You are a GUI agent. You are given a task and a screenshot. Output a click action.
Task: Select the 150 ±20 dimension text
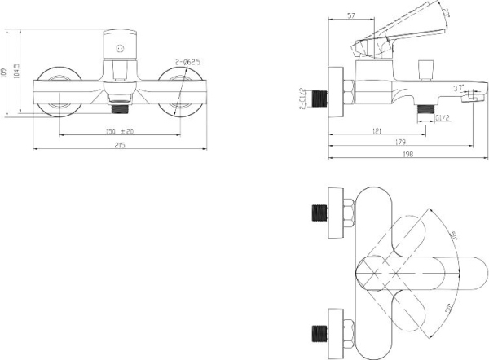(120, 131)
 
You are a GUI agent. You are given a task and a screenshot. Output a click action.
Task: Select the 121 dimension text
(377, 131)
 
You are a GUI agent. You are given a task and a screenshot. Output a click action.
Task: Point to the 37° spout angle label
(458, 87)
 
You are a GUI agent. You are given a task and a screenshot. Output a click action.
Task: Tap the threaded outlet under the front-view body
(121, 103)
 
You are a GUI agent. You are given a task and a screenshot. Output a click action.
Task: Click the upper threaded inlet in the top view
(320, 215)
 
